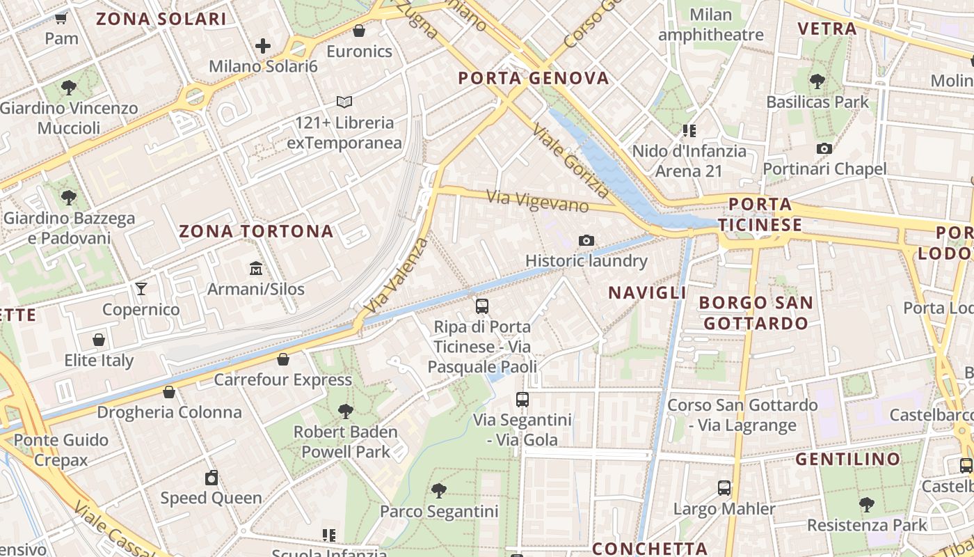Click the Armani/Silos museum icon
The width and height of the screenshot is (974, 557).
click(256, 268)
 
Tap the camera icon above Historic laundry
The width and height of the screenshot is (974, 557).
click(586, 241)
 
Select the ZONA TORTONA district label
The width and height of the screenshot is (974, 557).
click(257, 231)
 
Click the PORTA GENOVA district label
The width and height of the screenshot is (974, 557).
click(534, 78)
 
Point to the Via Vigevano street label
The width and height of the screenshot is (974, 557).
click(538, 201)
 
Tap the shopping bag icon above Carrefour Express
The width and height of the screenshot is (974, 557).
click(283, 359)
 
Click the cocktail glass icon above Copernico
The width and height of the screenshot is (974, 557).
click(141, 288)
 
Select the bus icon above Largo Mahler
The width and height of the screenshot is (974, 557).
click(724, 487)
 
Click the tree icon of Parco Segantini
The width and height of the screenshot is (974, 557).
click(439, 490)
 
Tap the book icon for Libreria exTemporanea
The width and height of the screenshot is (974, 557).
click(344, 102)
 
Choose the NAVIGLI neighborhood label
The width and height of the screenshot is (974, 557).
click(648, 292)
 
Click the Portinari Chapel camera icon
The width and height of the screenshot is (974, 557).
click(824, 148)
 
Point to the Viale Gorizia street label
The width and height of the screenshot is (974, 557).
click(570, 161)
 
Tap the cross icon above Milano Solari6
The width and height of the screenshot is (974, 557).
click(263, 46)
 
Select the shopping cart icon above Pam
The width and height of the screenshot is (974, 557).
click(61, 18)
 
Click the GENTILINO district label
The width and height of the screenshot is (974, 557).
click(847, 460)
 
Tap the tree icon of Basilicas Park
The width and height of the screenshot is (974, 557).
click(817, 81)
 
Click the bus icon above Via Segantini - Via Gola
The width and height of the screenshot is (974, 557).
click(522, 400)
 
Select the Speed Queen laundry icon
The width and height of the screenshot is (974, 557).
click(211, 478)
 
